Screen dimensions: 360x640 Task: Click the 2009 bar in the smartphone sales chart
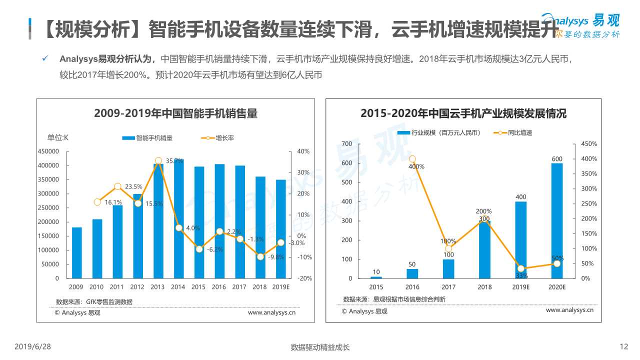76,252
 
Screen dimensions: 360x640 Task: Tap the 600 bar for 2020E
557,220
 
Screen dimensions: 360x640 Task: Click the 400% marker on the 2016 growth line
412,159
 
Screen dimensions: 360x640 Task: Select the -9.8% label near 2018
276,257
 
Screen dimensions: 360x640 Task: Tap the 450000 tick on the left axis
48,151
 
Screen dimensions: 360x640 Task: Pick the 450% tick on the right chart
588,144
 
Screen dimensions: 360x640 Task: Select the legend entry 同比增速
519,132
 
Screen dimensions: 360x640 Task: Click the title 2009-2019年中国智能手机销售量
175,113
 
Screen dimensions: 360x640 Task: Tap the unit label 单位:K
58,138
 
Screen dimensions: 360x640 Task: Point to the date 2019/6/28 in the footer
32,346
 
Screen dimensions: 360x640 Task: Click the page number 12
623,346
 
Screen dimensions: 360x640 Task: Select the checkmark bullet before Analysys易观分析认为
45,59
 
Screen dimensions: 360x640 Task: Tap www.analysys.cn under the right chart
569,310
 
